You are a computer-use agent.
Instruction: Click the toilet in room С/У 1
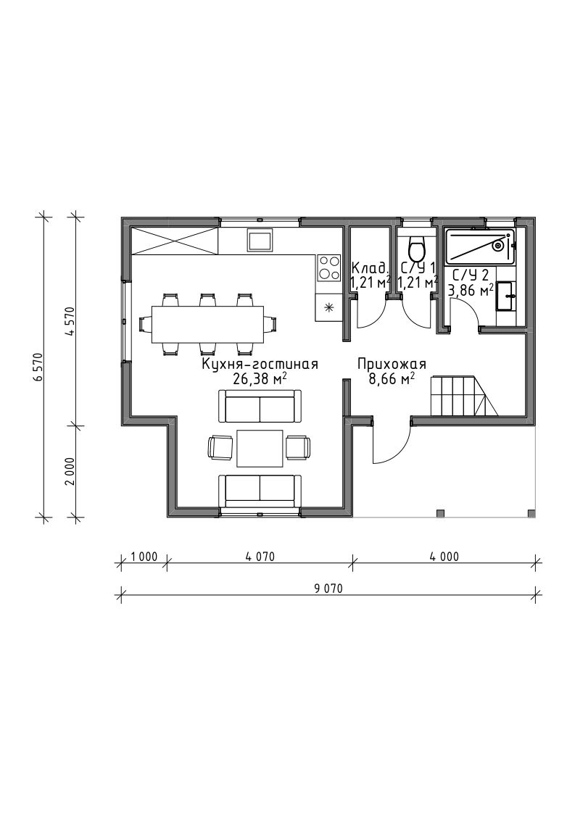coord(417,249)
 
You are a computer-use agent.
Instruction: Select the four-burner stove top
coord(328,268)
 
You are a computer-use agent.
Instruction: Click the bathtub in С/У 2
coord(481,246)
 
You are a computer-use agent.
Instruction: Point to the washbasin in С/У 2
coord(505,296)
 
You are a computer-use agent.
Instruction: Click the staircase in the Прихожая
coord(464,397)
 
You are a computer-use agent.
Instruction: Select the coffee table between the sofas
coord(260,448)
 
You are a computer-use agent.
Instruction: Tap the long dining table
coord(208,325)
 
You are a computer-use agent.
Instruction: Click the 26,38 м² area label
coord(260,379)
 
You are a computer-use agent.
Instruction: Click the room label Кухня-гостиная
coord(259,365)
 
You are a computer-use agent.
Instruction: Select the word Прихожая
coord(391,365)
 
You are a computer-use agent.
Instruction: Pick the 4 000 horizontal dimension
coord(444,557)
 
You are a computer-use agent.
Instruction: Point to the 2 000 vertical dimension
coord(72,471)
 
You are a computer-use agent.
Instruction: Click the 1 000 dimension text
coord(144,557)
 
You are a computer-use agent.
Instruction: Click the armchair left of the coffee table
coord(220,447)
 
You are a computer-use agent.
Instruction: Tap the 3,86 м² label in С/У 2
coord(471,291)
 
